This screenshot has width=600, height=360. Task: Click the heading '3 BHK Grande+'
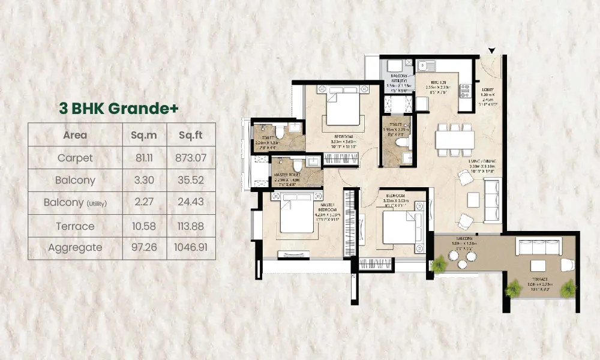pyautogui.click(x=119, y=108)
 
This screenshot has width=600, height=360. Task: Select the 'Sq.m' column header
pyautogui.click(x=143, y=135)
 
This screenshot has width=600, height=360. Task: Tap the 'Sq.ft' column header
pyautogui.click(x=190, y=135)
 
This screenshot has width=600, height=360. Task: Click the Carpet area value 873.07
pyautogui.click(x=190, y=158)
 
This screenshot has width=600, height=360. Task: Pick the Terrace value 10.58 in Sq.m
pyautogui.click(x=143, y=226)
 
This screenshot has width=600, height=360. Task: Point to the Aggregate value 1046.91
pyautogui.click(x=190, y=247)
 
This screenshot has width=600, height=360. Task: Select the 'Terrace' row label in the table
pyautogui.click(x=76, y=226)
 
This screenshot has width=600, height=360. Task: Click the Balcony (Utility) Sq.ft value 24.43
pyautogui.click(x=190, y=203)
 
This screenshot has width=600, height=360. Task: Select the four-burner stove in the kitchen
pyautogui.click(x=464, y=91)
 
